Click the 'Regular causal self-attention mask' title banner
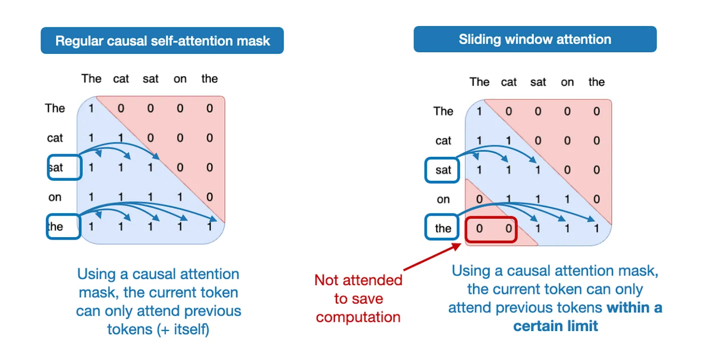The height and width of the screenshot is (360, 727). [162, 40]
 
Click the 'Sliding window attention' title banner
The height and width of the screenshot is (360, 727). [535, 39]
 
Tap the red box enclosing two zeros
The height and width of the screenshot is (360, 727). [491, 229]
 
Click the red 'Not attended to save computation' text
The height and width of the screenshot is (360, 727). [358, 299]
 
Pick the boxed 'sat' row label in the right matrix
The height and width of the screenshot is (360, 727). [443, 170]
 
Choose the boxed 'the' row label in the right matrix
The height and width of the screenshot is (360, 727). [443, 229]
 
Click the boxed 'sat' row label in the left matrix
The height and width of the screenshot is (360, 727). [64, 167]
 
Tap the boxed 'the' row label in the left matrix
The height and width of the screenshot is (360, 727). [64, 226]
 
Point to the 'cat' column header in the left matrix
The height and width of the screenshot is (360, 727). [121, 79]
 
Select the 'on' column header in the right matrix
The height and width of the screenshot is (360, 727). [567, 82]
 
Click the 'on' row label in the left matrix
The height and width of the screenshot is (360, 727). [55, 197]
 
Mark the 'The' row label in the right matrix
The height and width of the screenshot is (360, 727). [443, 111]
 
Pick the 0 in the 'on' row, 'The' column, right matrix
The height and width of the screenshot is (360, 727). [479, 200]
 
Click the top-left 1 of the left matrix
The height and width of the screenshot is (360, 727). [91, 108]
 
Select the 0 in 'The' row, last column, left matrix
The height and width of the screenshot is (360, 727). [210, 108]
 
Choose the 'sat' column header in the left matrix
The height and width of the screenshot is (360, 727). [150, 79]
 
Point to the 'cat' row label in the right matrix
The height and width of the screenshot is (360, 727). [443, 141]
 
